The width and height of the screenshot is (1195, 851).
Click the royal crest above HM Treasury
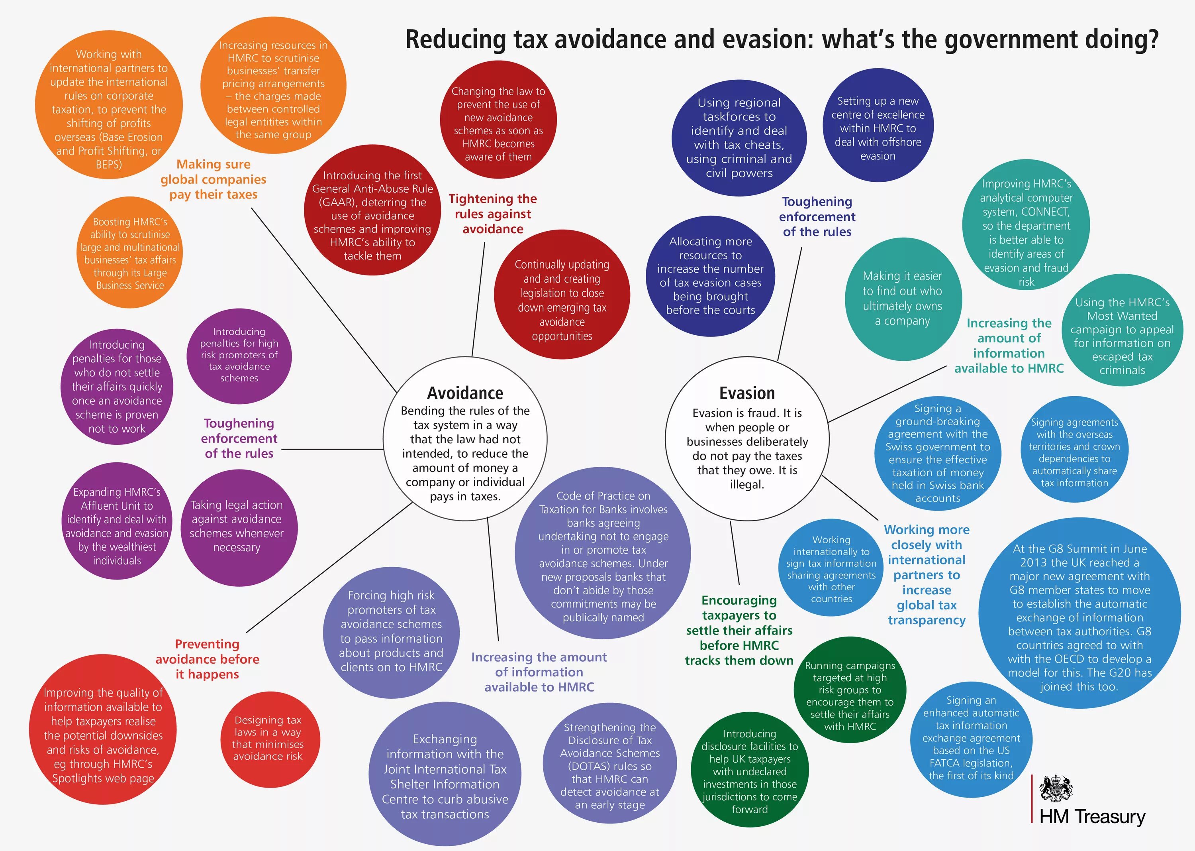coord(1056,789)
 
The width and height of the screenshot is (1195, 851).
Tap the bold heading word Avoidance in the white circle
coord(465,393)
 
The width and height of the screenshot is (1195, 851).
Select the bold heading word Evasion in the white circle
coord(747,393)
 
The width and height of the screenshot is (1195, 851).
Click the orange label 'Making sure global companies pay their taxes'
coord(213,179)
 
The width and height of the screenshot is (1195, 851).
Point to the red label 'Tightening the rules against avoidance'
coord(493,214)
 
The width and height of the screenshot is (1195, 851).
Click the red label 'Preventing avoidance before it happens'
coord(208,659)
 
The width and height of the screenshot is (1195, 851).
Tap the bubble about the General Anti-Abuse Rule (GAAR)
coord(372,215)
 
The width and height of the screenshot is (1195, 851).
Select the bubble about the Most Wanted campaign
coord(1122,335)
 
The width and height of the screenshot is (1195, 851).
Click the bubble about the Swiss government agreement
coord(937,453)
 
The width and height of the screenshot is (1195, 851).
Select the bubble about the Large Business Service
coord(130,253)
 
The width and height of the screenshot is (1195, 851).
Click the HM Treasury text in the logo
coord(1092,816)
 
